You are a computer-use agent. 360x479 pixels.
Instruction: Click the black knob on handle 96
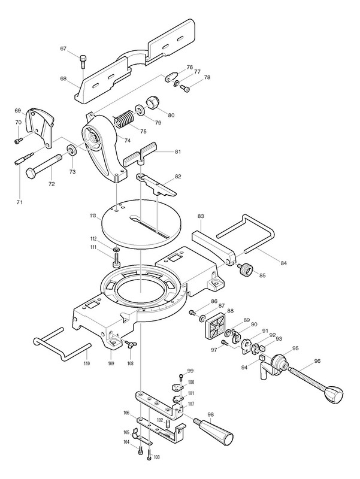pos(334,395)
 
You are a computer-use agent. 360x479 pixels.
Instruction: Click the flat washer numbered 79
pos(141,111)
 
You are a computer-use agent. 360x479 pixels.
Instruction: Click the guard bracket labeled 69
pos(41,121)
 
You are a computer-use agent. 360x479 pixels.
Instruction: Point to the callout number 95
pos(295,348)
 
